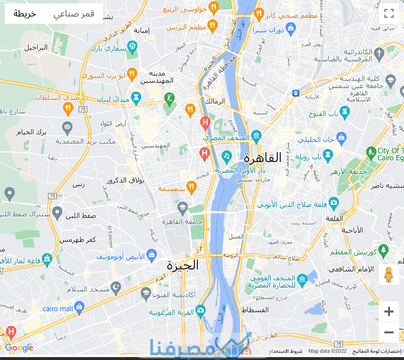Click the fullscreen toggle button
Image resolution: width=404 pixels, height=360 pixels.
[389, 14]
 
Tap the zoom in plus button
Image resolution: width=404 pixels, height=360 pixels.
[389, 311]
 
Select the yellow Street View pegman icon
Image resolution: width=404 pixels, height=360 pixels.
[388, 275]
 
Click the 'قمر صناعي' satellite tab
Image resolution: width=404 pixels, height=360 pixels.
[74, 14]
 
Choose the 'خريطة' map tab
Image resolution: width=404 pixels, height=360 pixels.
[25, 14]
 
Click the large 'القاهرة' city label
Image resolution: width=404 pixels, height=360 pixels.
[262, 158]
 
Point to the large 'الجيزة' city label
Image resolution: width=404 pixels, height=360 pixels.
[183, 265]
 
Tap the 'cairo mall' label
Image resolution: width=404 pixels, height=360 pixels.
[57, 309]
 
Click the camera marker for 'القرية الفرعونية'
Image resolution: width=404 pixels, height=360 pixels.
[200, 311]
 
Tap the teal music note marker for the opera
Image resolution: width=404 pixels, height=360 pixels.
[226, 156]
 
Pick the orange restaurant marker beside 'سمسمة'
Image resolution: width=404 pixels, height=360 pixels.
[192, 187]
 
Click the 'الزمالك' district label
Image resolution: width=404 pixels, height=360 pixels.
[215, 101]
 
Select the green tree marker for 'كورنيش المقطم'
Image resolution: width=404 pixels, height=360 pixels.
[384, 251]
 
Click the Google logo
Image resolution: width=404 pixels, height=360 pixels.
[19, 348]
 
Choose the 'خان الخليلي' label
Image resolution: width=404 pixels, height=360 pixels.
[316, 140]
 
